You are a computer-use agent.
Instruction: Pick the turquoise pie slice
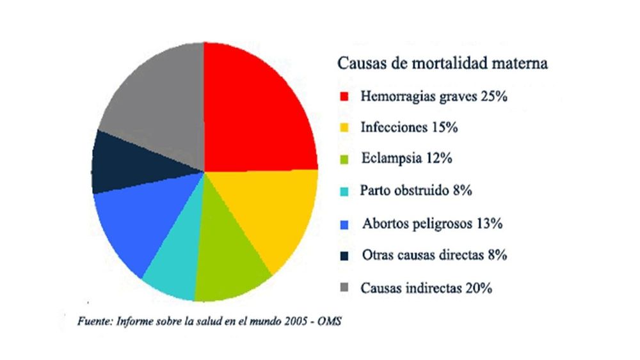(173, 269)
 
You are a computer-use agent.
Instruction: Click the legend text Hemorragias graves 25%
(434, 97)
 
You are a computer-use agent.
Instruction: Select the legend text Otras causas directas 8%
(434, 255)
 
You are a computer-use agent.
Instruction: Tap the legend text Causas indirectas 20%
(426, 288)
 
